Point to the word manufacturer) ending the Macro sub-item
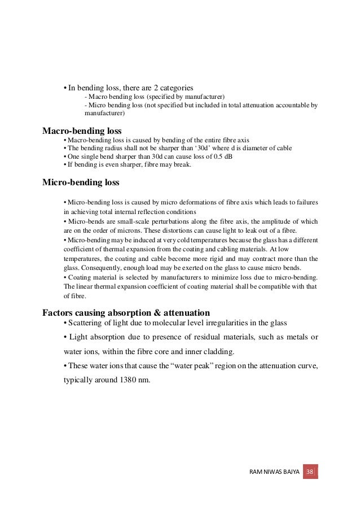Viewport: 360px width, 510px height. click(205, 97)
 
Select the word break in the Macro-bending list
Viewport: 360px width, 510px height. click(182, 165)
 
